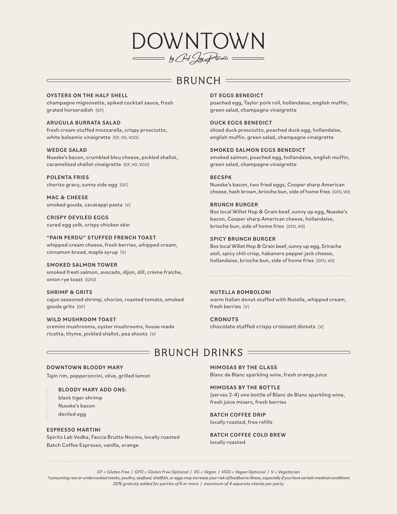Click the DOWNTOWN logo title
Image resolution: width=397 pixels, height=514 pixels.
[x=198, y=41]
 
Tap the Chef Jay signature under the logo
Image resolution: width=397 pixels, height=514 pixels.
[x=198, y=58]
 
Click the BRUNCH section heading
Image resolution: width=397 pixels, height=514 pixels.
[x=198, y=81]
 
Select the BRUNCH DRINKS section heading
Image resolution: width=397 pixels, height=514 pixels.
[x=198, y=353]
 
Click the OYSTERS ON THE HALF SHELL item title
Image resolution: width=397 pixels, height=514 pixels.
[x=87, y=96]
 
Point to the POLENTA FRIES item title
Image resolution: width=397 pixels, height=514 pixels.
[x=68, y=177]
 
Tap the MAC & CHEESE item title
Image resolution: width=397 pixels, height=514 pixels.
[x=67, y=198]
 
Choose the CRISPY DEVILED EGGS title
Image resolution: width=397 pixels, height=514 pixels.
[x=78, y=218]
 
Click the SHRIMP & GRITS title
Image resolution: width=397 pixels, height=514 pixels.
[x=70, y=292]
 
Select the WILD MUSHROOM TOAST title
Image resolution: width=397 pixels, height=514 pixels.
[x=81, y=320]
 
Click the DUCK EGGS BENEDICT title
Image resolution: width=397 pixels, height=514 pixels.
[x=241, y=123]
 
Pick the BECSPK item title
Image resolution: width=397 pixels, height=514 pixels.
[x=221, y=177]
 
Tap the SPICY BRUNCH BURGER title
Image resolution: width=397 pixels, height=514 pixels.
[x=243, y=239]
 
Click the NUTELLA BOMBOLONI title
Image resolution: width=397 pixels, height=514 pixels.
[x=241, y=292]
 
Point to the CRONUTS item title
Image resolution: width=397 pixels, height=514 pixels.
[x=224, y=320]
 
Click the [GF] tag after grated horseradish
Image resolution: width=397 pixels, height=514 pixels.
[x=100, y=110]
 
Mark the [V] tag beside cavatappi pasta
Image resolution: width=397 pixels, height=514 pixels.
[x=128, y=205]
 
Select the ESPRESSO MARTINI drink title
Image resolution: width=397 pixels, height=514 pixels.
[x=74, y=430]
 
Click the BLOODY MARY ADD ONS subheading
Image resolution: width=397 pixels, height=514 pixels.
[x=93, y=390]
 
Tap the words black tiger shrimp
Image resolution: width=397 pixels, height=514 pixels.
[x=80, y=398]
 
